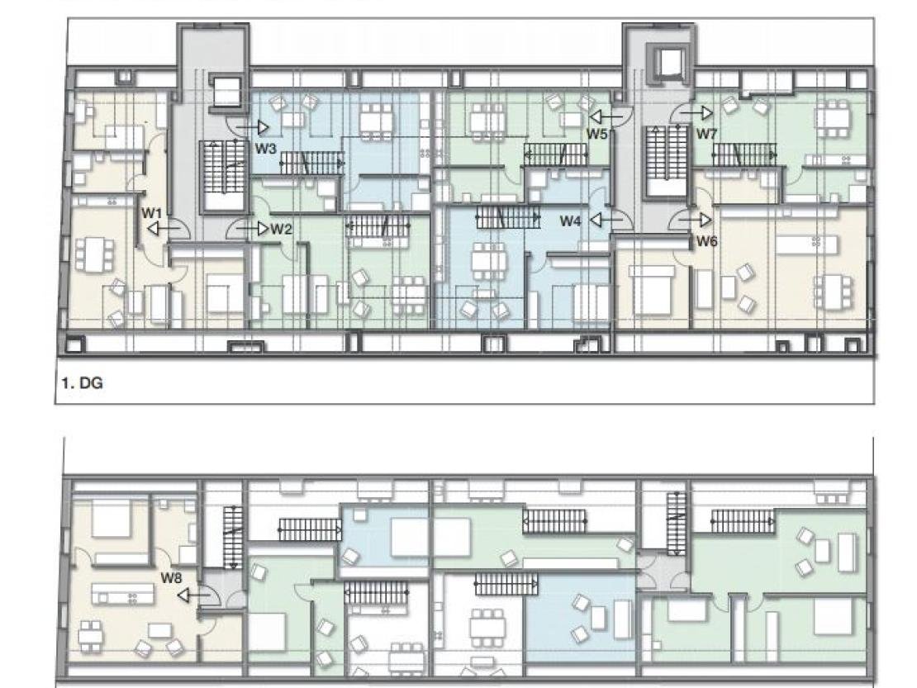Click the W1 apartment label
pyautogui.click(x=151, y=213)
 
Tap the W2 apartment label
pyautogui.click(x=282, y=229)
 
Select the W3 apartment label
pyautogui.click(x=265, y=149)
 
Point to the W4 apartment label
pyautogui.click(x=570, y=221)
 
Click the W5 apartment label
pyautogui.click(x=596, y=134)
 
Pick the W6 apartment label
pyautogui.click(x=706, y=241)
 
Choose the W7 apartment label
pyautogui.click(x=706, y=134)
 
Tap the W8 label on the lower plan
pyautogui.click(x=171, y=578)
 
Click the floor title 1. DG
pyautogui.click(x=83, y=383)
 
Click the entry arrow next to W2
pyautogui.click(x=254, y=229)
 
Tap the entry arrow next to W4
pyautogui.click(x=606, y=220)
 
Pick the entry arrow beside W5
pyautogui.click(x=606, y=116)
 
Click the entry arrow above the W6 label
pyautogui.click(x=698, y=220)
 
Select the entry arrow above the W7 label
pyautogui.click(x=698, y=113)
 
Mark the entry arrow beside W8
pyautogui.click(x=192, y=595)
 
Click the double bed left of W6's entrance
pyautogui.click(x=649, y=289)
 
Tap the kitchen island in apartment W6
pyautogui.click(x=807, y=244)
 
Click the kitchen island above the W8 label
pyautogui.click(x=123, y=595)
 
